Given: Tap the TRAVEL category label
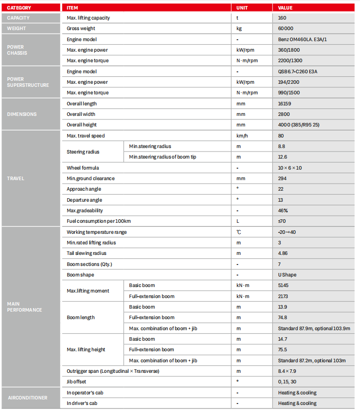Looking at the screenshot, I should [16, 178].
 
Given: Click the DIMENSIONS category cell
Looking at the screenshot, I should [22, 114].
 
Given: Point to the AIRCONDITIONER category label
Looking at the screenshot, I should [28, 397].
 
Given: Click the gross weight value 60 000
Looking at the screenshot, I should [286, 29].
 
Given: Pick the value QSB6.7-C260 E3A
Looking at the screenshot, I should [298, 71].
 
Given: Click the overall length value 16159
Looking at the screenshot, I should [285, 103].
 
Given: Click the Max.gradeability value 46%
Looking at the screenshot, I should [283, 210].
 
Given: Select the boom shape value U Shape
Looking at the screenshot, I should [287, 274].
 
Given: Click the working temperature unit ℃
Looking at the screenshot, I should [238, 232].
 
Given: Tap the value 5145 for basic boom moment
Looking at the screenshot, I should [284, 285].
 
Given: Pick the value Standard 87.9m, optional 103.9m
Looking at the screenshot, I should [314, 328].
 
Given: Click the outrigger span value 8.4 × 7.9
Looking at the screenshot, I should [287, 371].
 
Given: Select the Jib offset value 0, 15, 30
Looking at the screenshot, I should [287, 381].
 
